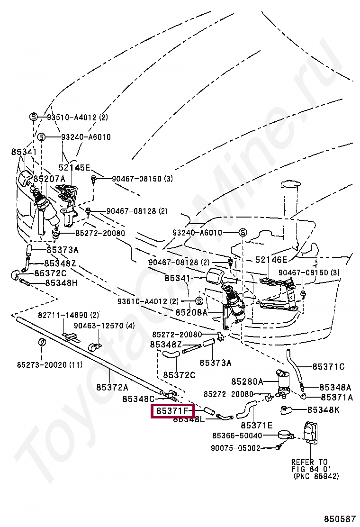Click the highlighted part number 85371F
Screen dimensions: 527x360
(x=172, y=410)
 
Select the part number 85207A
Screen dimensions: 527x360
(x=49, y=179)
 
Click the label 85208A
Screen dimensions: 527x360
(x=191, y=313)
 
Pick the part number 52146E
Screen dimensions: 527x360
(x=271, y=260)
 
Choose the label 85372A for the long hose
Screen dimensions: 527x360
(x=112, y=387)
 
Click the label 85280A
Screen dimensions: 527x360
(x=247, y=381)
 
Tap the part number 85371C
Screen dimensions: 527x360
(x=328, y=366)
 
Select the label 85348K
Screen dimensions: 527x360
(x=323, y=409)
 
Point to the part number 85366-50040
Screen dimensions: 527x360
(x=237, y=436)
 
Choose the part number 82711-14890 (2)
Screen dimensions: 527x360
(x=69, y=315)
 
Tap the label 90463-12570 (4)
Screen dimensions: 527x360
(x=104, y=326)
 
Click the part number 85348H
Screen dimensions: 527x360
(x=61, y=283)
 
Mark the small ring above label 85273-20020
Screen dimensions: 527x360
(x=42, y=342)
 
